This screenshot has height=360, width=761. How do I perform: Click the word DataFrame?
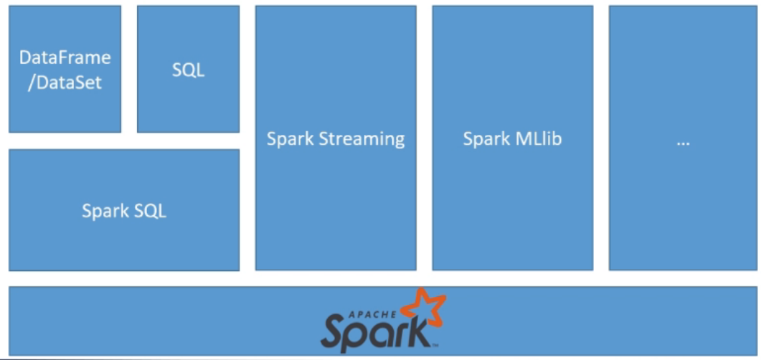pyautogui.click(x=65, y=57)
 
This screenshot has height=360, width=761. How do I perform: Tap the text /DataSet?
pyautogui.click(x=65, y=82)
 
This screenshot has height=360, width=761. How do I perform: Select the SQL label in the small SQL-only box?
pyautogui.click(x=188, y=70)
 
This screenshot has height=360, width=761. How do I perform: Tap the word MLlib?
pyautogui.click(x=538, y=138)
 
